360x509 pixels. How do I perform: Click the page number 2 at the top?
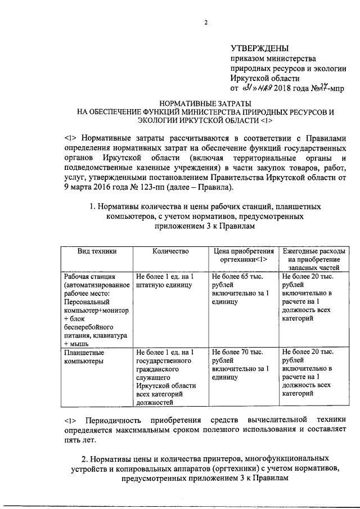click(206, 22)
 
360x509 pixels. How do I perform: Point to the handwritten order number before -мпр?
click(320, 88)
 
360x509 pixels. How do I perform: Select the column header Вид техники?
click(97, 251)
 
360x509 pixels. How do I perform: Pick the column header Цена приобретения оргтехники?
click(244, 255)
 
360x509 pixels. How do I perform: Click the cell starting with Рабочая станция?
click(97, 309)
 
